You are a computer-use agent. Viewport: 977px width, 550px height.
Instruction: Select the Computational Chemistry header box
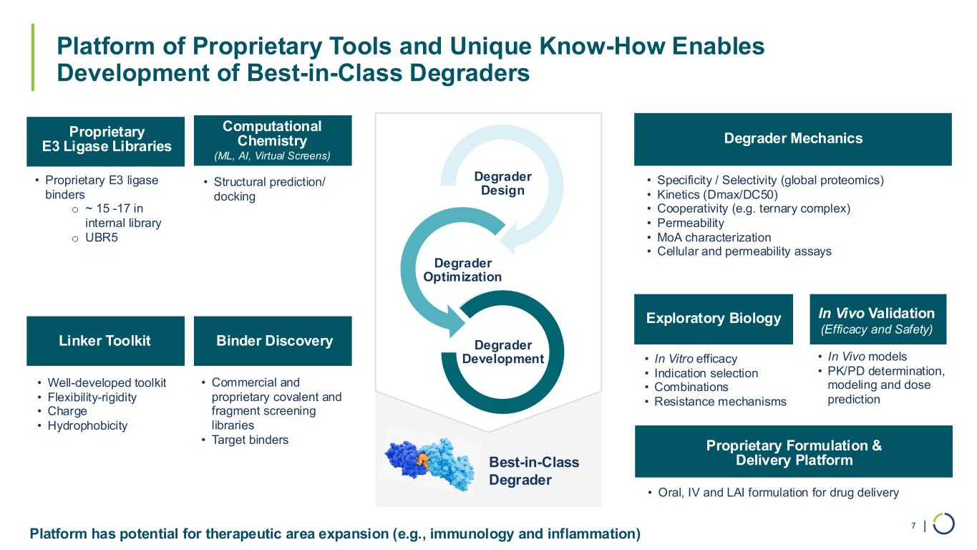click(x=272, y=139)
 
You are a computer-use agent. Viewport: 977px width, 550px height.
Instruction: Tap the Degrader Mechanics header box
click(x=792, y=139)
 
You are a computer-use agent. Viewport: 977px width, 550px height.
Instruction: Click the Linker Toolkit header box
click(x=104, y=341)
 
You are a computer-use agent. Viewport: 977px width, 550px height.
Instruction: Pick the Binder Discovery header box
click(x=274, y=341)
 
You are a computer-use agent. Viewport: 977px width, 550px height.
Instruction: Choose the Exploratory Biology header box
click(x=713, y=319)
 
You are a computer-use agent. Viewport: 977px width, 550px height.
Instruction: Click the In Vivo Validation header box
click(x=877, y=319)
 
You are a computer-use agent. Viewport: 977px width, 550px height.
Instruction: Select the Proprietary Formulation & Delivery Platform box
click(x=793, y=452)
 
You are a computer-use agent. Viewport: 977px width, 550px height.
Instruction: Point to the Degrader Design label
click(x=502, y=183)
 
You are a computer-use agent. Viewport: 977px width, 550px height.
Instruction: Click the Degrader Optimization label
click(x=462, y=270)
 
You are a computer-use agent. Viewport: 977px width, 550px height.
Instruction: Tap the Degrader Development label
click(x=502, y=352)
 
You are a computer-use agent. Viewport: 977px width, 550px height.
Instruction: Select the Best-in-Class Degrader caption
click(x=533, y=471)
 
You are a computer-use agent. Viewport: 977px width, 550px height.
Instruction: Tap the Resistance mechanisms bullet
click(x=720, y=401)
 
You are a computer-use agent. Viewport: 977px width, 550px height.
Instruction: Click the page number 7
click(x=913, y=526)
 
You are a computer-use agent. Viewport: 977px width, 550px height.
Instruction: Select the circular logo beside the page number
click(x=944, y=524)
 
